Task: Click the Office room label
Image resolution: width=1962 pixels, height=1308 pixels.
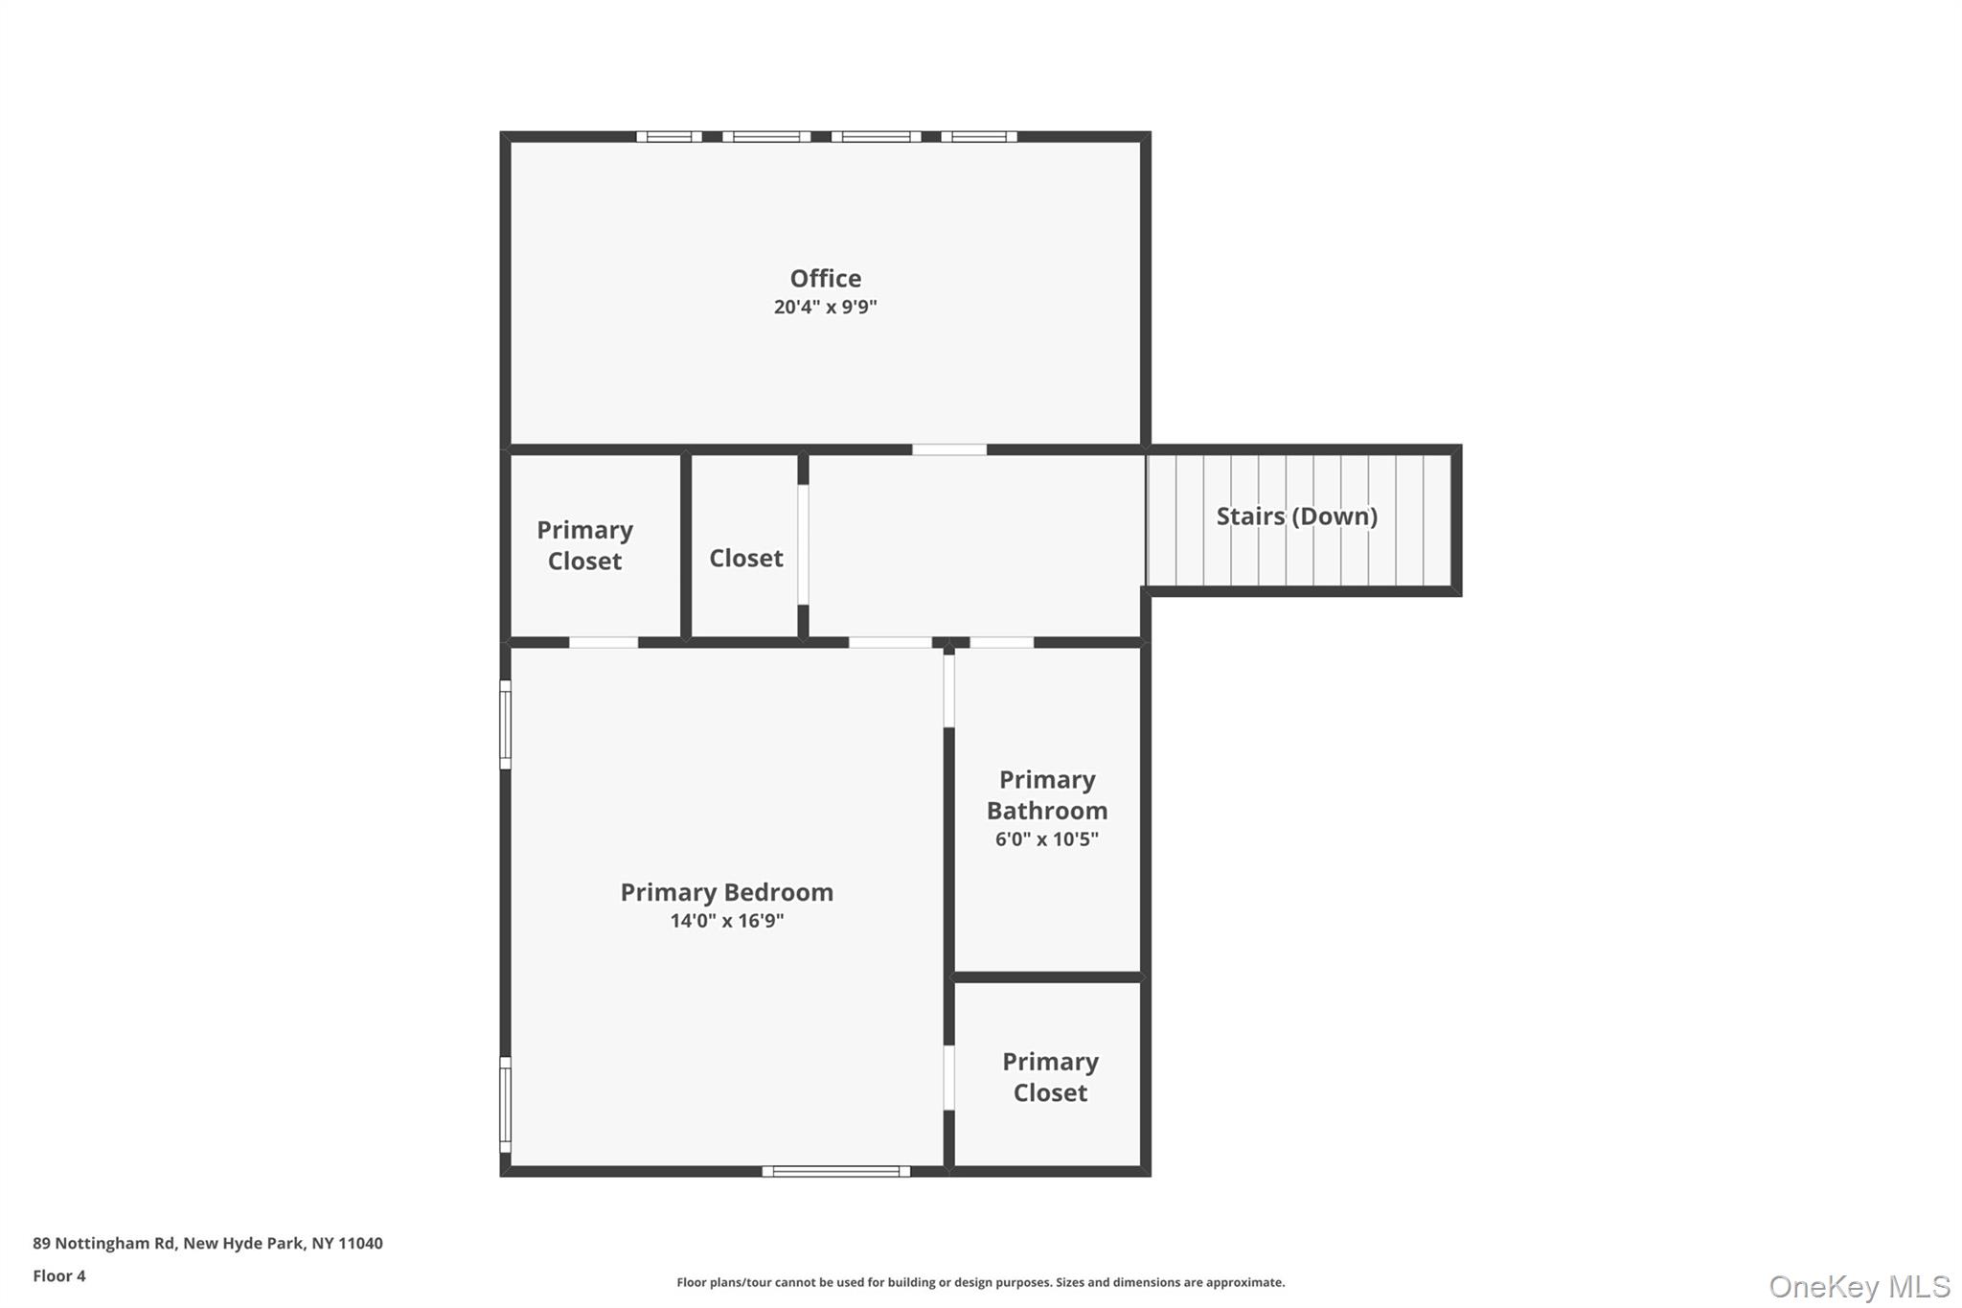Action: click(x=825, y=279)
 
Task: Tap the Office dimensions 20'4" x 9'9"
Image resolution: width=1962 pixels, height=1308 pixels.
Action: click(x=825, y=308)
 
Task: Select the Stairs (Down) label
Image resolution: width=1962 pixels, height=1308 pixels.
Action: click(x=1296, y=516)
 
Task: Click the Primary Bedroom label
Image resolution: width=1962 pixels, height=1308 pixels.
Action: click(x=726, y=892)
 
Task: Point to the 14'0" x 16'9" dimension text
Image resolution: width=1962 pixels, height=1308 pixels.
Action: click(x=726, y=921)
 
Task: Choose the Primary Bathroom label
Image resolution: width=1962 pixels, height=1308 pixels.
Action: click(x=1047, y=795)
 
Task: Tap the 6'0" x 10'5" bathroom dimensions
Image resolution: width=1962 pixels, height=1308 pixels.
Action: click(x=1046, y=839)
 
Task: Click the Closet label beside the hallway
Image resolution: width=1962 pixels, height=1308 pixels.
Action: click(x=745, y=559)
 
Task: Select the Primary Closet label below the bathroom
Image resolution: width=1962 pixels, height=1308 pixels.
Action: click(x=1050, y=1077)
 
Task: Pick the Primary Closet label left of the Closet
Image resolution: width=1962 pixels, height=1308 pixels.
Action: click(x=584, y=545)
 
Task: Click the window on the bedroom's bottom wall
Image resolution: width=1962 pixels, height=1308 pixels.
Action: click(x=835, y=1171)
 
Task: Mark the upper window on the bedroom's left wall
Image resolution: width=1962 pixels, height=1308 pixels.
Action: click(x=505, y=724)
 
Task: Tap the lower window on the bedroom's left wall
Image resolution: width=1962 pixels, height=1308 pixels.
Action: click(x=505, y=1104)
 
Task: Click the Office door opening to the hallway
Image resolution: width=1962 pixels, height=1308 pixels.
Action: click(x=948, y=449)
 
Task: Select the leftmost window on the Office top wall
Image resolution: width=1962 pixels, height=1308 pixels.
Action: click(x=669, y=137)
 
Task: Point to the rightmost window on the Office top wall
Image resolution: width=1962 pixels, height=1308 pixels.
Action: click(x=978, y=137)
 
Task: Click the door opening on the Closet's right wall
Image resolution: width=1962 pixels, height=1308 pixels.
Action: click(x=803, y=544)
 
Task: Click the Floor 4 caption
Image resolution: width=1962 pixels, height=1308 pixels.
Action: click(x=58, y=1276)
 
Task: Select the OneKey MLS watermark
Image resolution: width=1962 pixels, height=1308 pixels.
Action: click(x=1859, y=1286)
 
